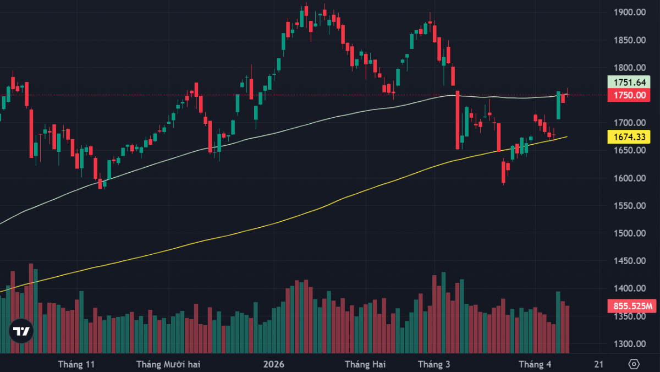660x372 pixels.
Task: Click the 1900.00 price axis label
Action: pos(630,12)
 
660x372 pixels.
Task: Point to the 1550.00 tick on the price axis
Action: pos(630,206)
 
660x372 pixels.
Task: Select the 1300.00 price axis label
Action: pos(630,344)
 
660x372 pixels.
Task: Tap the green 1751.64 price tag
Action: pos(630,83)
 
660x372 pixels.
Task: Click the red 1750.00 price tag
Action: pos(630,95)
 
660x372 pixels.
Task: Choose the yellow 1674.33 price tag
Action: pos(630,136)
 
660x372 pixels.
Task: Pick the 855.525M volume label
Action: pos(630,306)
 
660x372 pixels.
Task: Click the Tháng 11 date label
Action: pos(76,364)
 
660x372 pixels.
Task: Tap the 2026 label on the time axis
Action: pos(273,364)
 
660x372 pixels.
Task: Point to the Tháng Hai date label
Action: pos(365,364)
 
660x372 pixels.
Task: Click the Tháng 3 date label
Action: pos(434,364)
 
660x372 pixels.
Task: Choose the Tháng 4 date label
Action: pos(535,364)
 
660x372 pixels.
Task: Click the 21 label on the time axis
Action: pos(599,364)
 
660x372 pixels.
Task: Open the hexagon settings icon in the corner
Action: pos(634,364)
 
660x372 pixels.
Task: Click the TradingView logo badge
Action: pos(21,331)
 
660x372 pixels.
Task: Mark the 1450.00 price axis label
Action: pos(630,261)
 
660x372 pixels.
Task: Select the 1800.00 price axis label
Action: pos(630,68)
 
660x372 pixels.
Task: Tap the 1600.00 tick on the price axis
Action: pos(630,178)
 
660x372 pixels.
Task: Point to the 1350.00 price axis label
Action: pos(630,316)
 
